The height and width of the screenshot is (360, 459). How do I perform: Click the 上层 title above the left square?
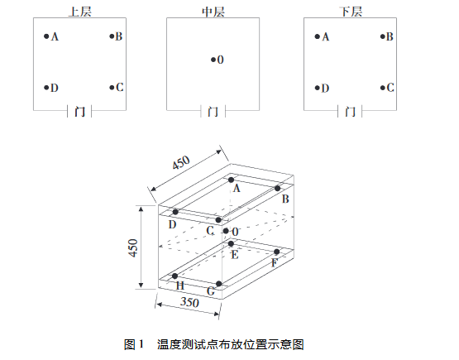[80, 10]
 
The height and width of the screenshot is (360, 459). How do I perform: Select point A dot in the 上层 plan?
[46, 36]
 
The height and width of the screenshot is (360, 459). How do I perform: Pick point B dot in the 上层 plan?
[112, 36]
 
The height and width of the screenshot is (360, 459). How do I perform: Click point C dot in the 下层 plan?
[383, 87]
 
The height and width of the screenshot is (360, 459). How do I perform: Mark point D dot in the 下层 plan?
[318, 87]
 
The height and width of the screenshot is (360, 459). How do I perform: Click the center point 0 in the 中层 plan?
[213, 60]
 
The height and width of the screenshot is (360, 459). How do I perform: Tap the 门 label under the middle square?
[213, 111]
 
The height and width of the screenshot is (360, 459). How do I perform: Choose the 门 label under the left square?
[79, 111]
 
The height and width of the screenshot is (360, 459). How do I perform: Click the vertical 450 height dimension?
[133, 247]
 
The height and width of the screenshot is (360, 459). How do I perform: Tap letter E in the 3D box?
[235, 255]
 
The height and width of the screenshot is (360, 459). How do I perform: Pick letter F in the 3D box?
[275, 262]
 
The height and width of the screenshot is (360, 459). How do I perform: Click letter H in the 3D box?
[179, 286]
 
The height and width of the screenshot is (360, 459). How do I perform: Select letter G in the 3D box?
[212, 291]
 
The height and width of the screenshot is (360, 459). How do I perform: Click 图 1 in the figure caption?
[134, 343]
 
